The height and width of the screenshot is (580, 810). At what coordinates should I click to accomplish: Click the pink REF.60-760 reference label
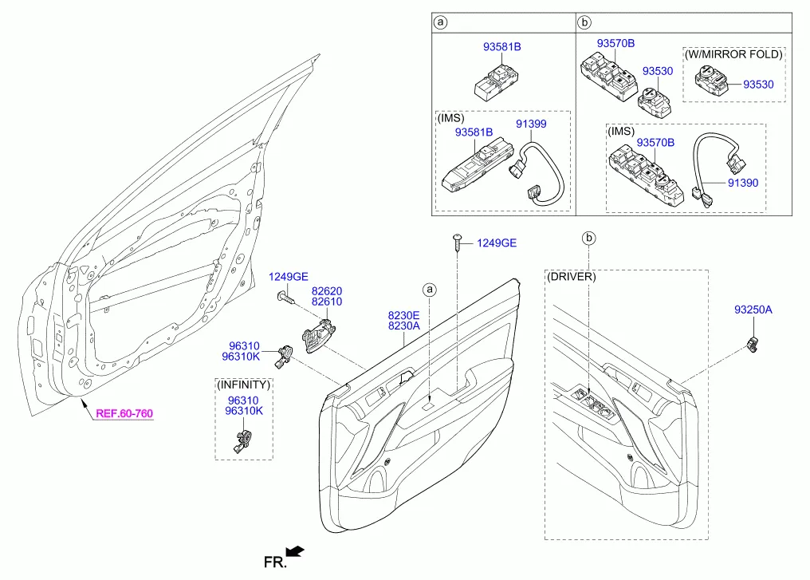click(x=124, y=414)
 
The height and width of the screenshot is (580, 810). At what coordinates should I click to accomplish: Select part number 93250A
click(x=753, y=310)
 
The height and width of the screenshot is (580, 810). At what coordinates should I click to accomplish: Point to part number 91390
click(x=741, y=183)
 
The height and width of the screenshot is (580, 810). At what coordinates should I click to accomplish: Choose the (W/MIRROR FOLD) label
click(x=733, y=54)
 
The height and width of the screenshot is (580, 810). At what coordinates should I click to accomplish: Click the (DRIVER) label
click(x=572, y=276)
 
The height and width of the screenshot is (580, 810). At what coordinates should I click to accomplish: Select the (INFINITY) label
click(x=243, y=385)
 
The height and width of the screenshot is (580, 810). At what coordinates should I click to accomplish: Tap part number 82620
click(x=327, y=292)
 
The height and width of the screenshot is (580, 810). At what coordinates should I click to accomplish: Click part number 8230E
click(x=404, y=316)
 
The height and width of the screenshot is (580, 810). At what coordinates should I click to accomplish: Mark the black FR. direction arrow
click(x=294, y=550)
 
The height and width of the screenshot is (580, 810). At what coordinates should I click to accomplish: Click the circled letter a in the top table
click(x=441, y=22)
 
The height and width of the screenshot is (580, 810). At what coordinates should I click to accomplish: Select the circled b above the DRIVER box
click(x=589, y=238)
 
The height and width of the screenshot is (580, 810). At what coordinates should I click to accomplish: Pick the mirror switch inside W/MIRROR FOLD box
click(x=709, y=80)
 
